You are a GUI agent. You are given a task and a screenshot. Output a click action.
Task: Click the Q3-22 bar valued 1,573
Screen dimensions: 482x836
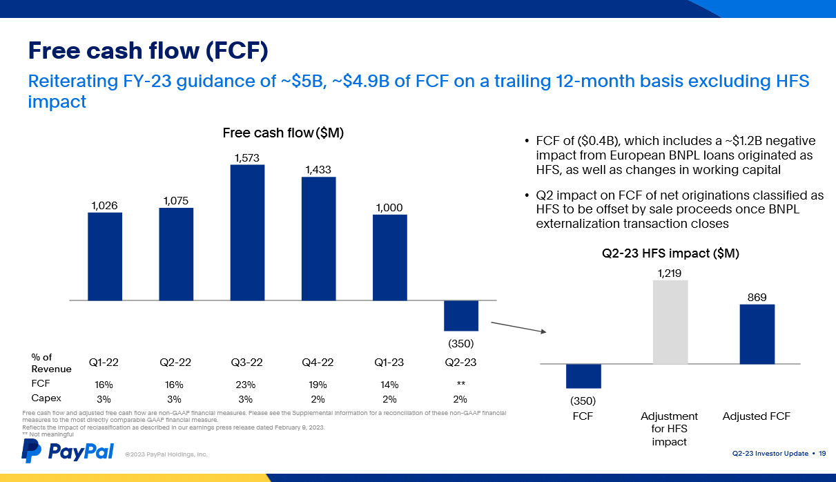247,232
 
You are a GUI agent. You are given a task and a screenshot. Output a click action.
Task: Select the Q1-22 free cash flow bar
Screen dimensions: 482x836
105,256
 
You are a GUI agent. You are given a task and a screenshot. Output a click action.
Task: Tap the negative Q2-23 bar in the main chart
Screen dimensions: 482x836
460,316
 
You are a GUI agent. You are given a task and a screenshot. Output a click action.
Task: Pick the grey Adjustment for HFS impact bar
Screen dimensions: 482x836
670,322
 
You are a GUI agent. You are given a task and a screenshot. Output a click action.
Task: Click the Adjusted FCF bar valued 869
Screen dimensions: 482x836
757,334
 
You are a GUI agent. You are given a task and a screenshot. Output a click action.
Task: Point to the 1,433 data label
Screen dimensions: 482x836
318,169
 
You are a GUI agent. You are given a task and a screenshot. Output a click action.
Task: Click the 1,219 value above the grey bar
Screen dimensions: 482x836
670,273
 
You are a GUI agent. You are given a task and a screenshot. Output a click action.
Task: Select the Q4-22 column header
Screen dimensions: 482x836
318,362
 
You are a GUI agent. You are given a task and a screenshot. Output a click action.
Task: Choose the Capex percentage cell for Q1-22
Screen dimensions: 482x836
104,398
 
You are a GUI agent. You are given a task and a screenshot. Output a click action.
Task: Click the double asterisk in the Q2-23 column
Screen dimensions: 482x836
460,384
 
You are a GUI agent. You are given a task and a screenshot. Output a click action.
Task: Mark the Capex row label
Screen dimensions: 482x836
46,398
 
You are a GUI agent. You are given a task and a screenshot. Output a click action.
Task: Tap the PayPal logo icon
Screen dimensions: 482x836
31,450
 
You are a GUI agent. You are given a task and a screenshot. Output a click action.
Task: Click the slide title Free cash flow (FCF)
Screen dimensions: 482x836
148,50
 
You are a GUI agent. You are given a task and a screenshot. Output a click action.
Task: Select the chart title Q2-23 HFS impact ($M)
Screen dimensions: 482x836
671,253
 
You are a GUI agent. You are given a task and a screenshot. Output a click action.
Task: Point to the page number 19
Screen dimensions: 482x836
822,453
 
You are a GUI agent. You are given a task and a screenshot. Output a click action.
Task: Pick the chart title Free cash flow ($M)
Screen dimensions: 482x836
283,133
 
